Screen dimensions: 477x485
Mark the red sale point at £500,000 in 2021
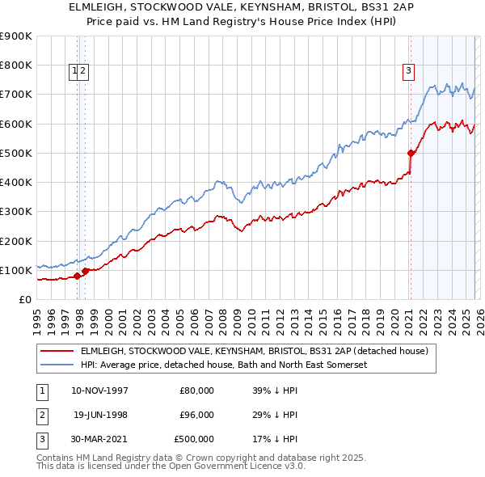pyautogui.click(x=411, y=153)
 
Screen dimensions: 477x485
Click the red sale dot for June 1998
pyautogui.click(x=86, y=271)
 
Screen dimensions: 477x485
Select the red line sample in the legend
pyautogui.click(x=57, y=351)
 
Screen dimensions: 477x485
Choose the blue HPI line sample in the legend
pyautogui.click(x=57, y=365)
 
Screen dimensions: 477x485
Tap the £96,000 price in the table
pyautogui.click(x=196, y=415)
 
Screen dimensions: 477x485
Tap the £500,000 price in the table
pyautogui.click(x=195, y=439)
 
